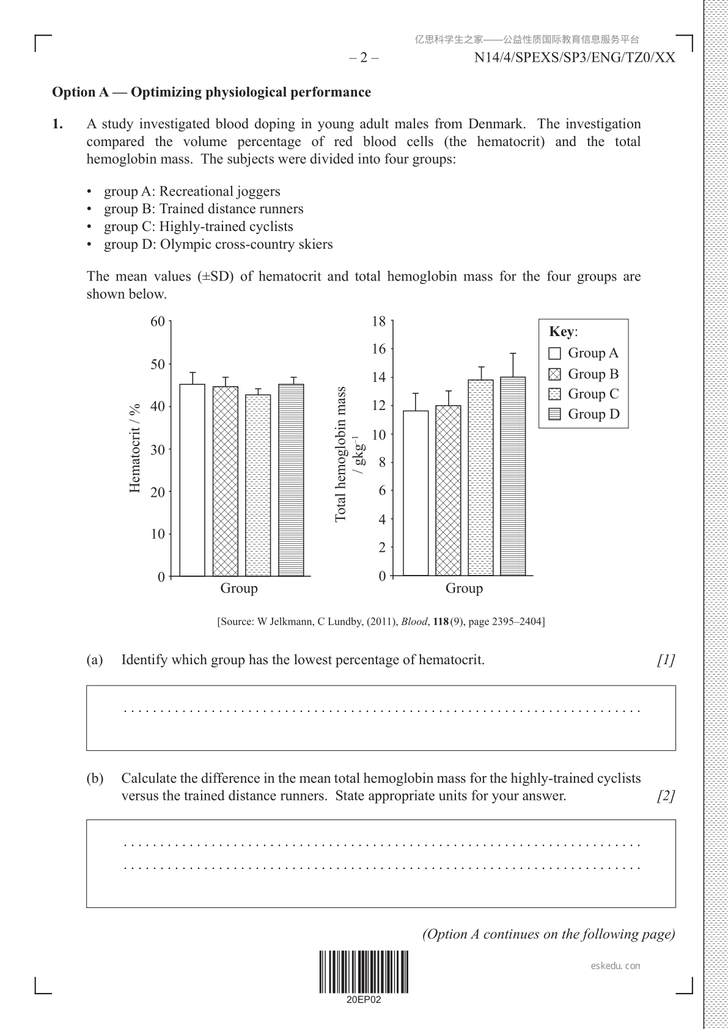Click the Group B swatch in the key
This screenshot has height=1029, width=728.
[555, 374]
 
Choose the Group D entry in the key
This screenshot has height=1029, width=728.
[584, 414]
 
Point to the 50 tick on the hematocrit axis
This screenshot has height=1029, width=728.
[158, 364]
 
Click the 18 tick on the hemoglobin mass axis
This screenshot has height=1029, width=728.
[380, 321]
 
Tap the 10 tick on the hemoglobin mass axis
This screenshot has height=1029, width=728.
[380, 434]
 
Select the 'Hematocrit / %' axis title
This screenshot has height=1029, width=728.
[135, 448]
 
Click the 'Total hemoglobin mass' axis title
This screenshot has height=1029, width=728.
[341, 453]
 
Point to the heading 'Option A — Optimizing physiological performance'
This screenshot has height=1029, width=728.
[211, 92]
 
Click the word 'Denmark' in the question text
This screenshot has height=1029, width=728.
[496, 124]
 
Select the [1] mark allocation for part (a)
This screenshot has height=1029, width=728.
[666, 660]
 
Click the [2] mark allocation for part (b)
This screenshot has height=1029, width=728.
[666, 796]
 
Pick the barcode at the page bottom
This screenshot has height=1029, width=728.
[364, 972]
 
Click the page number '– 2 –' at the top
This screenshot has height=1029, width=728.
[364, 58]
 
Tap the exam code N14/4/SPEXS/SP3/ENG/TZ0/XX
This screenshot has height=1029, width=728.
[575, 58]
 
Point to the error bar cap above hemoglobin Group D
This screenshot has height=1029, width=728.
[513, 353]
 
